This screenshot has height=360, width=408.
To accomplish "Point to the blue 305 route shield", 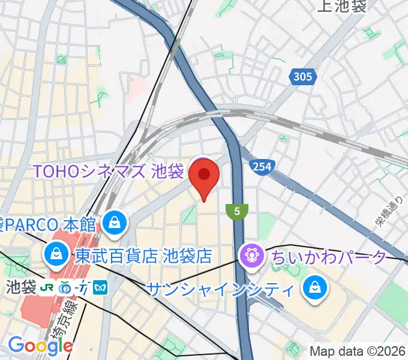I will coord(303,76).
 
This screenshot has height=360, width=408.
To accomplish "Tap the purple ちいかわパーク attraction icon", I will coord(250,257).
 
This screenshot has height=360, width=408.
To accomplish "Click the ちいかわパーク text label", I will coord(329,257).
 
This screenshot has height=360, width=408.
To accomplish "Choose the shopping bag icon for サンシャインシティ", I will coord(314,289).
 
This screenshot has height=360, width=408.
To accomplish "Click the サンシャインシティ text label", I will coord(221,290).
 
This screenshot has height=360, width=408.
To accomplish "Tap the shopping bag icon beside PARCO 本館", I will coord(113,223).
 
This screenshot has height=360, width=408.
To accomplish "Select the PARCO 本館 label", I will coord(49,225).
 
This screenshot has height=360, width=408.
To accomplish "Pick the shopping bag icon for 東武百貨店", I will coord(56,256).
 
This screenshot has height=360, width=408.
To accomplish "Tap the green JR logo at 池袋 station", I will coord(46,287).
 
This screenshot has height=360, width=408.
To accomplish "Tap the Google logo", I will coord(41,346).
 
